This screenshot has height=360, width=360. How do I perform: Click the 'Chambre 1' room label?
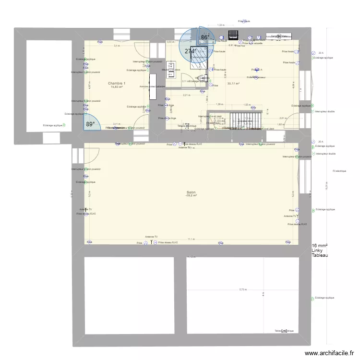117,83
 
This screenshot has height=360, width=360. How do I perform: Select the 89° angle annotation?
90,124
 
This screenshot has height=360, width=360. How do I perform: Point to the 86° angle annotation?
205,37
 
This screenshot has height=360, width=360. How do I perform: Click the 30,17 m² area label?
233,84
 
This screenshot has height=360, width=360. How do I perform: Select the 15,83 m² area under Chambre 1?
117,87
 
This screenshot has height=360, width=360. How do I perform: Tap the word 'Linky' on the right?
317,251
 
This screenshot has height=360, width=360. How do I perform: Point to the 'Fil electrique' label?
339,171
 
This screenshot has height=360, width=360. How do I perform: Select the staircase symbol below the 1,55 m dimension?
246,120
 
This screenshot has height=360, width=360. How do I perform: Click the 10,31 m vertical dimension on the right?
327,182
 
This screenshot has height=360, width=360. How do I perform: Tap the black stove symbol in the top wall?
233,35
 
